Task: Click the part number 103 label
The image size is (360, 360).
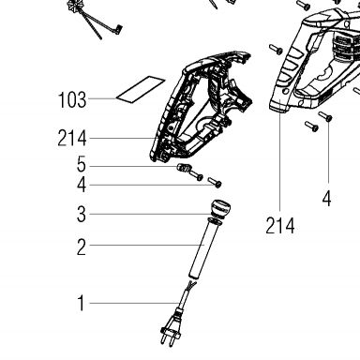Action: click(72, 100)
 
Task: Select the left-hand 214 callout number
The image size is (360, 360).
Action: click(72, 139)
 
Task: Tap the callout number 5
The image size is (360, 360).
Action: click(82, 165)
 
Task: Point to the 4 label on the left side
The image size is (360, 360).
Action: click(82, 185)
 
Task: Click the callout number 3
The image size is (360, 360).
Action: click(82, 214)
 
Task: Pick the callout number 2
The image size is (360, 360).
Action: click(82, 247)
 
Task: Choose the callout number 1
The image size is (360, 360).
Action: click(82, 303)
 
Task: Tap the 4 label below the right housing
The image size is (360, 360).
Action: click(326, 199)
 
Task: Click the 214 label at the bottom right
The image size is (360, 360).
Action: click(280, 226)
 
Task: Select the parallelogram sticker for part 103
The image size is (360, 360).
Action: click(141, 89)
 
